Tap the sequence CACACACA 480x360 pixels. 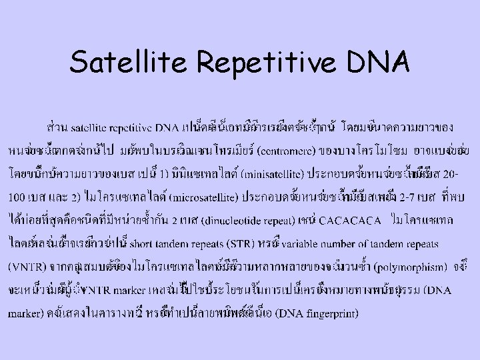click(x=349, y=219)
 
